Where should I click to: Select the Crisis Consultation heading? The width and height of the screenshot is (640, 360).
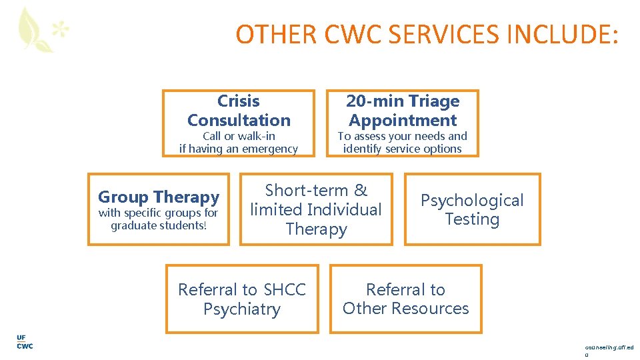point(239,111)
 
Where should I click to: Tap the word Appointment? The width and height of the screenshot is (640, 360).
point(403,121)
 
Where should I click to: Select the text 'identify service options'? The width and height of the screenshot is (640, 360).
point(402,149)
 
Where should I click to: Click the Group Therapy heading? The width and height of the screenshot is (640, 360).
point(159,197)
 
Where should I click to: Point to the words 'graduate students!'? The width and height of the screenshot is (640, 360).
point(159,226)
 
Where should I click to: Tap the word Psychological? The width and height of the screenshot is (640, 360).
point(472,201)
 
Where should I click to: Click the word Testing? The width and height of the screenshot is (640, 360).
point(472,219)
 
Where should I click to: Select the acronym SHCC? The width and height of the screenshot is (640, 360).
point(285,290)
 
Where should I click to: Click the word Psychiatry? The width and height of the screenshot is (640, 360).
point(242,309)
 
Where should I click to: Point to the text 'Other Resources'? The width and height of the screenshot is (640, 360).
point(405,309)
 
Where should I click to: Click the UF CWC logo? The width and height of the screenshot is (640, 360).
point(24,341)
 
